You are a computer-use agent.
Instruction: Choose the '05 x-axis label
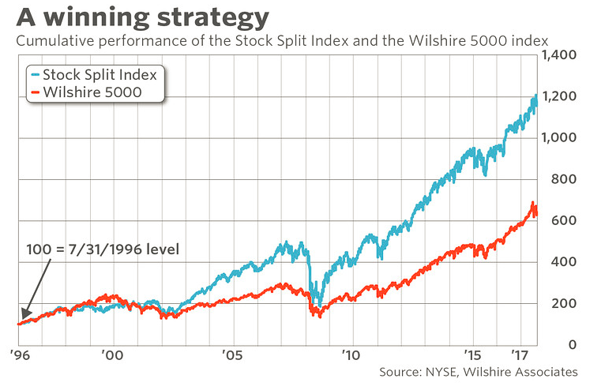point(231,355)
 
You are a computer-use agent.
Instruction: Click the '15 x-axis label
point(471,355)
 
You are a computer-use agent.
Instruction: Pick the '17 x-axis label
point(519,355)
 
